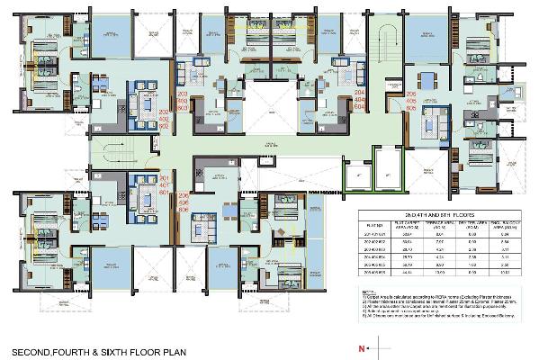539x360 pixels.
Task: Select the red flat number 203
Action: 184,93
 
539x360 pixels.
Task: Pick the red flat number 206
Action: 184,196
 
